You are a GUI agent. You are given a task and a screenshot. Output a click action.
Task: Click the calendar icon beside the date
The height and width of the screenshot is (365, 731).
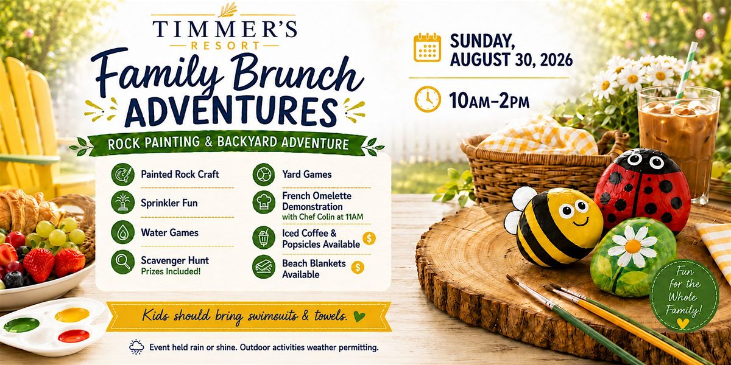tap(427, 47)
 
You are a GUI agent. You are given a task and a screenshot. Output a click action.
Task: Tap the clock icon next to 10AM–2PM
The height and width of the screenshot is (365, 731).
tap(428, 99)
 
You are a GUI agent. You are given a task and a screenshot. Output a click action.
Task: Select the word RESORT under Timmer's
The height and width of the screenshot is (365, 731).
tap(225, 46)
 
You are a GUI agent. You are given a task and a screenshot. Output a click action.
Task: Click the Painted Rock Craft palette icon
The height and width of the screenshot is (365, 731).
tap(122, 175)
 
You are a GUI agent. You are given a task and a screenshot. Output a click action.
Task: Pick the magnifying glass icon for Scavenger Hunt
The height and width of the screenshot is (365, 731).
tap(122, 262)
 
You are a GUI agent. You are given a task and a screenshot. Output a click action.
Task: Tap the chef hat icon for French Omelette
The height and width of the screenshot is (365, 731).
tap(264, 202)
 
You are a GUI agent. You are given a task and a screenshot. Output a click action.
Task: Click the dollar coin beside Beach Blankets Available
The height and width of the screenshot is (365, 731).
tap(358, 268)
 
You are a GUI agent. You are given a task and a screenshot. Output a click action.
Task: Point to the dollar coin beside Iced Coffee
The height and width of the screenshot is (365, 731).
tap(369, 238)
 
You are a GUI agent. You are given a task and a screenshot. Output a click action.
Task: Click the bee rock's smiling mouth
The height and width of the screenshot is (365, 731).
tap(580, 222)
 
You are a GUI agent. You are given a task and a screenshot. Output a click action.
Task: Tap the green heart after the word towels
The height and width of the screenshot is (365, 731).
tap(359, 316)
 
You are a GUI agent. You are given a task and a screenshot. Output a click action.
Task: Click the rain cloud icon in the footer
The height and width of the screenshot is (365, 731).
tap(136, 347)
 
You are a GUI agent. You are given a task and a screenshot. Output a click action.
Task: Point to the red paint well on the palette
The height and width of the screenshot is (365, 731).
tap(74, 336)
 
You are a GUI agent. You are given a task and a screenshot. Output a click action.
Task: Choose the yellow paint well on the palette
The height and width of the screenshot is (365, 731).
tap(72, 315)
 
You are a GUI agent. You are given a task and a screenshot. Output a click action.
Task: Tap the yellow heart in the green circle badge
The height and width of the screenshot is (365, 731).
tap(683, 323)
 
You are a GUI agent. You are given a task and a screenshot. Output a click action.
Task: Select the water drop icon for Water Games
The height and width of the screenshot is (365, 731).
tap(122, 232)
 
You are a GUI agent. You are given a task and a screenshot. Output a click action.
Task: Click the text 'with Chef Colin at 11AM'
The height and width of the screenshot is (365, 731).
tap(322, 217)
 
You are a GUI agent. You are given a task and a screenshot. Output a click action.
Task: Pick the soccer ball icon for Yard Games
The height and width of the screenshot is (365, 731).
tap(264, 175)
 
